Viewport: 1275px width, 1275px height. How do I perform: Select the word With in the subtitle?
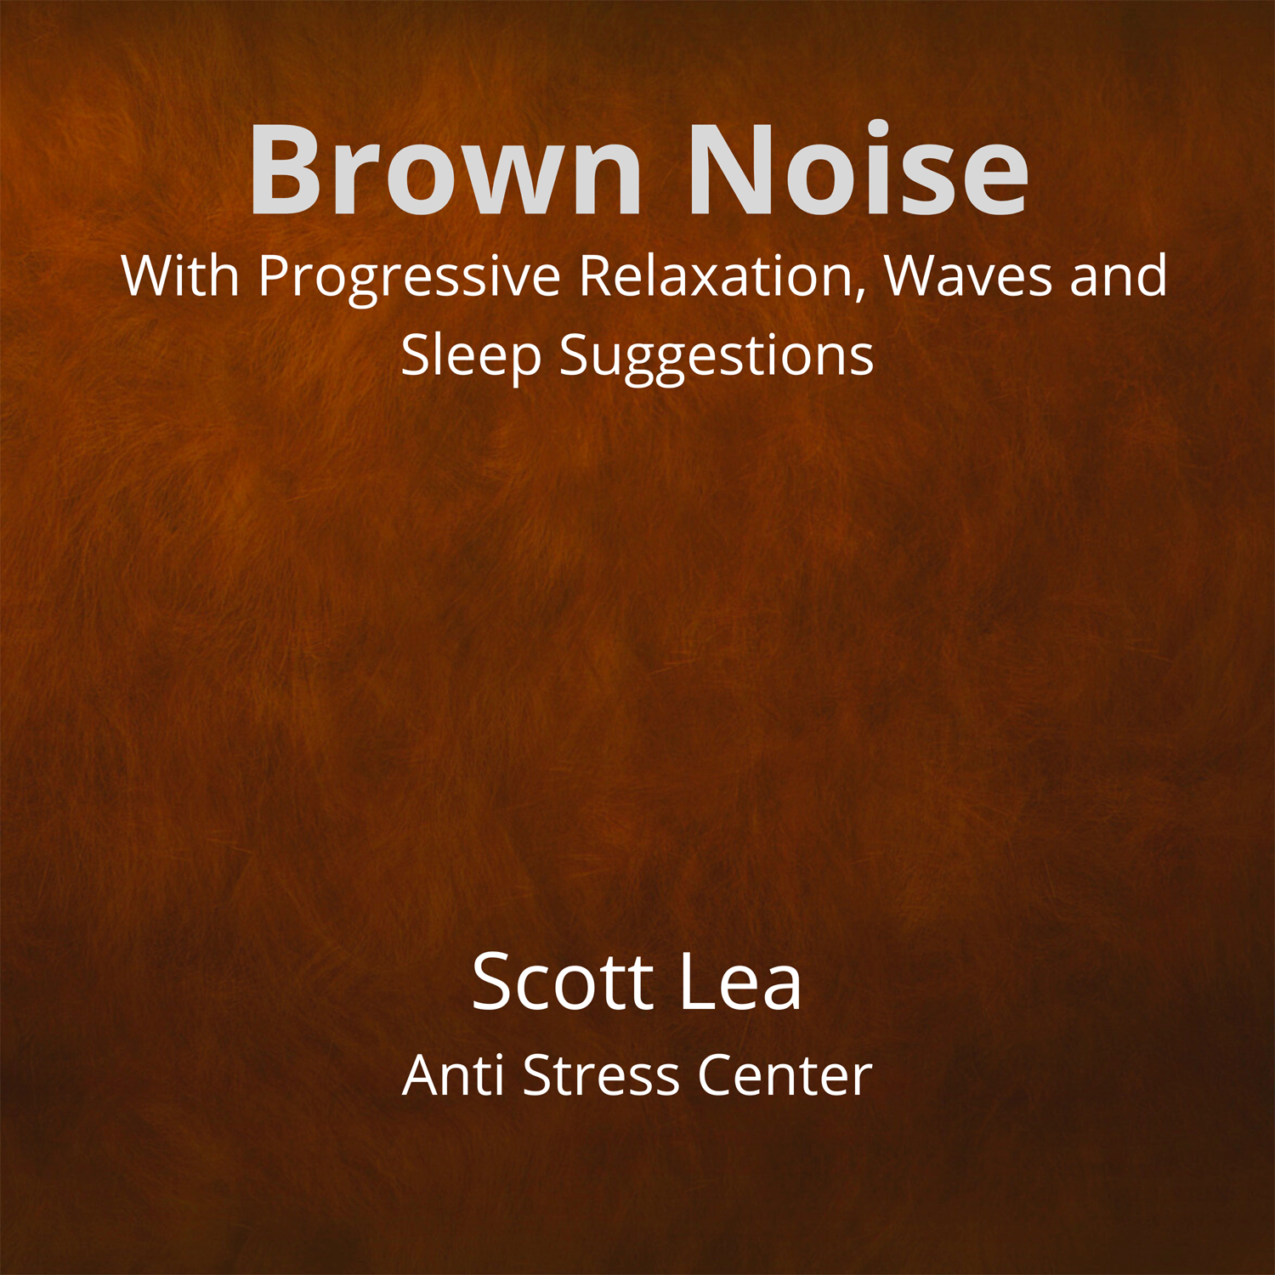[x=180, y=275]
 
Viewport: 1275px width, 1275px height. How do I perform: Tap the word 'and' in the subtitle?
[x=1119, y=275]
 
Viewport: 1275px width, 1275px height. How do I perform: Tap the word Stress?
[x=602, y=1075]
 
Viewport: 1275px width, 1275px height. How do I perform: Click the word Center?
[x=785, y=1075]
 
